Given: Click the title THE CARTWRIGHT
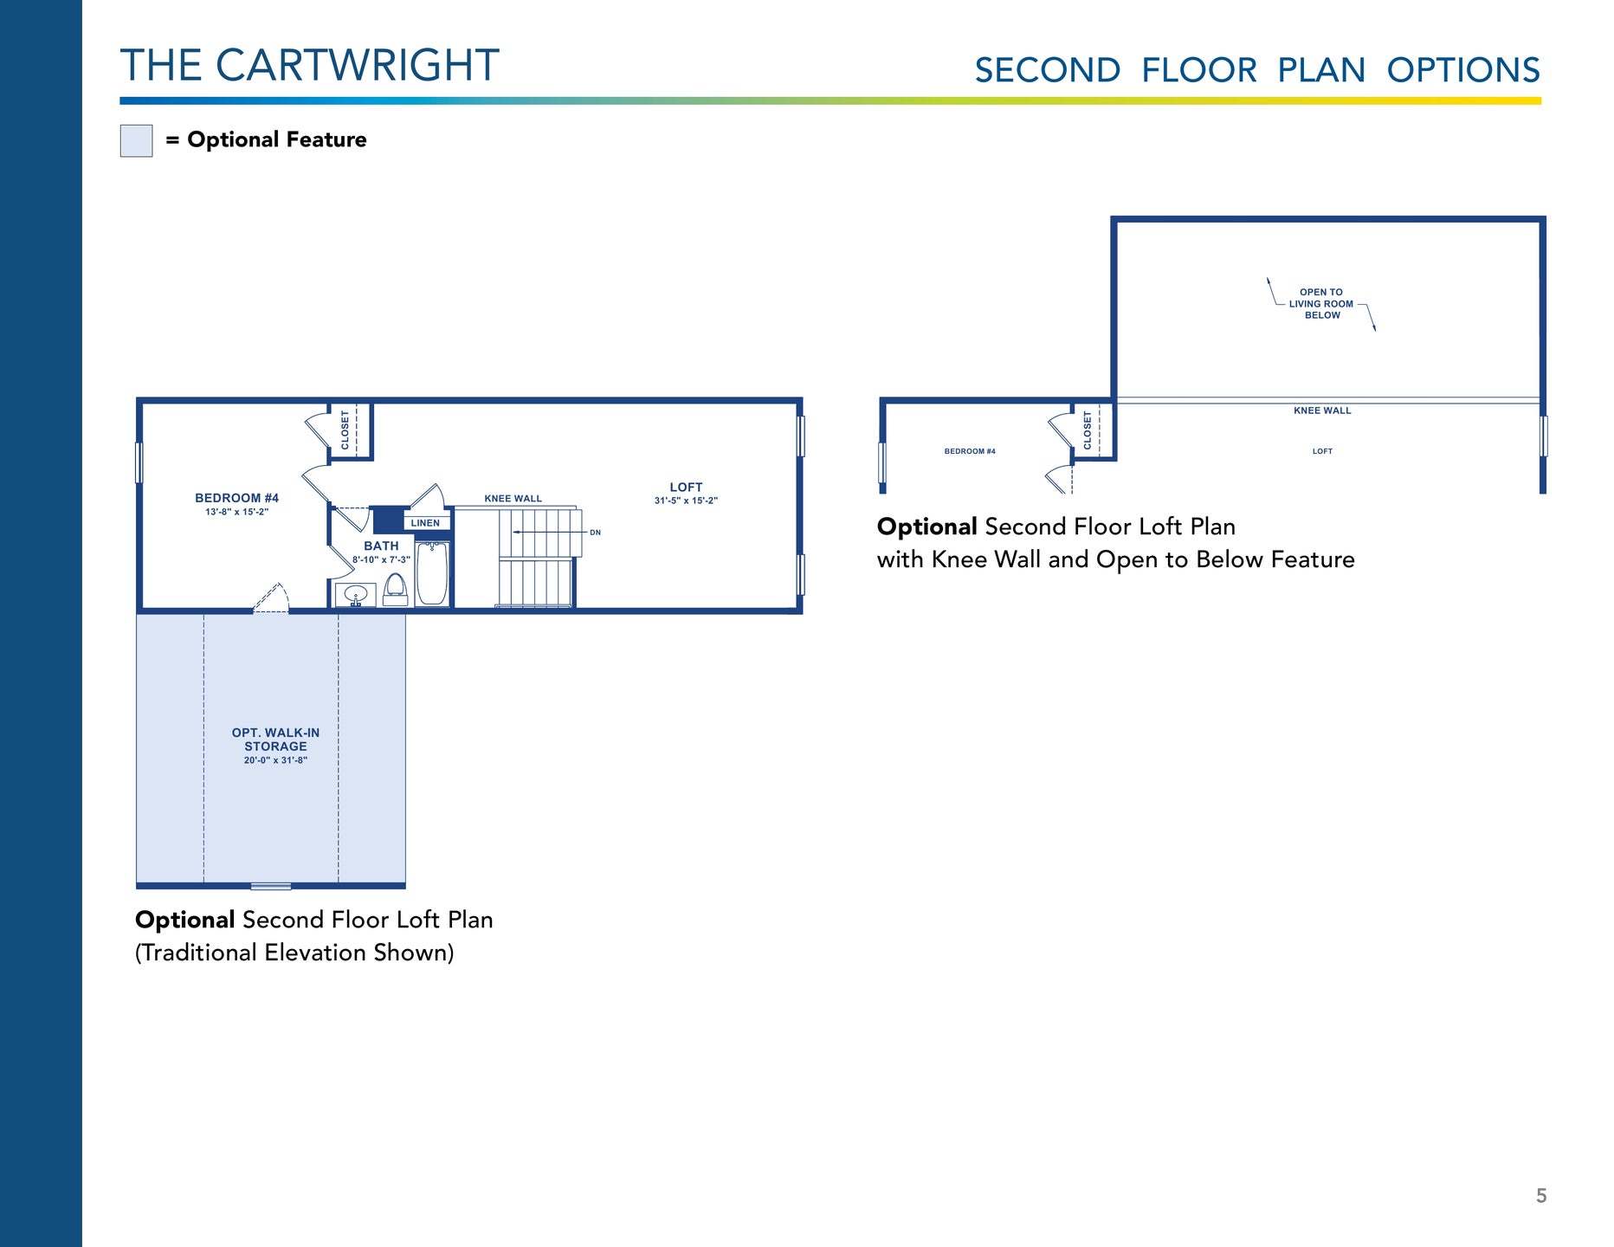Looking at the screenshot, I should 309,66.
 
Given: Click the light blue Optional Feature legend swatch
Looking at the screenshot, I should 136,140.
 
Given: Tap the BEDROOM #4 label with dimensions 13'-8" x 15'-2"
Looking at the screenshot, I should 236,503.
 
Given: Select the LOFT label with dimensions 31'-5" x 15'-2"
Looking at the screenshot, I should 686,493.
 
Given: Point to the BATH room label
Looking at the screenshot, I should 381,546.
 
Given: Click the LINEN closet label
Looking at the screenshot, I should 425,523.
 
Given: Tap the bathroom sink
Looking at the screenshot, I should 356,595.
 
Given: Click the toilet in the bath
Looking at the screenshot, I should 396,589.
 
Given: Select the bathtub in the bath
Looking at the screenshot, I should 432,572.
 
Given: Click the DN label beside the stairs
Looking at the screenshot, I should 595,533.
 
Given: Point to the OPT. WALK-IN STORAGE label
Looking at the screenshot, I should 275,745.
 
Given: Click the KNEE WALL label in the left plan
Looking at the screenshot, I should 513,499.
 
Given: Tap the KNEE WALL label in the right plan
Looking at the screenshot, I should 1322,410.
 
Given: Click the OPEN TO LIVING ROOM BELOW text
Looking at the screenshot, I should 1321,304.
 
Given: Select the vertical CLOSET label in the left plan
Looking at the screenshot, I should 345,430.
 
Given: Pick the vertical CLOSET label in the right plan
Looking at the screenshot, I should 1088,430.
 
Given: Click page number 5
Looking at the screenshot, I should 1541,1196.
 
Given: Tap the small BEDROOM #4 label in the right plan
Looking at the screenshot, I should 970,451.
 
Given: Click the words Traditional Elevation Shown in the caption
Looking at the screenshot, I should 294,953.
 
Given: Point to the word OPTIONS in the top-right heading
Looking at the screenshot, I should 1463,70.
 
